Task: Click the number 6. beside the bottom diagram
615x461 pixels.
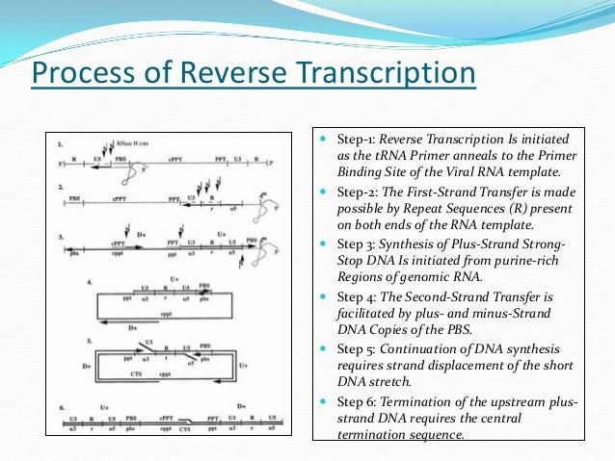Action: [62, 407]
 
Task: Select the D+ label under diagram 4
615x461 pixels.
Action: [134, 329]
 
